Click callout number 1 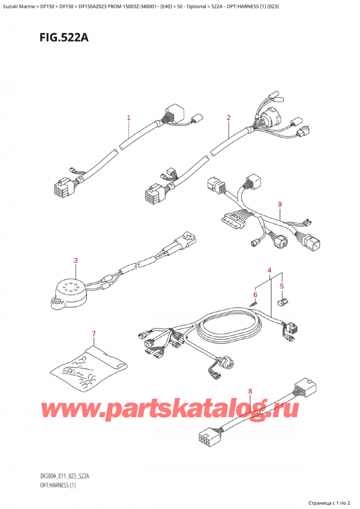pyautogui.click(x=128, y=118)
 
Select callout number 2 pyautogui.click(x=229, y=118)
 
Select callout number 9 pyautogui.click(x=280, y=205)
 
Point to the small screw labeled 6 pyautogui.click(x=254, y=304)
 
